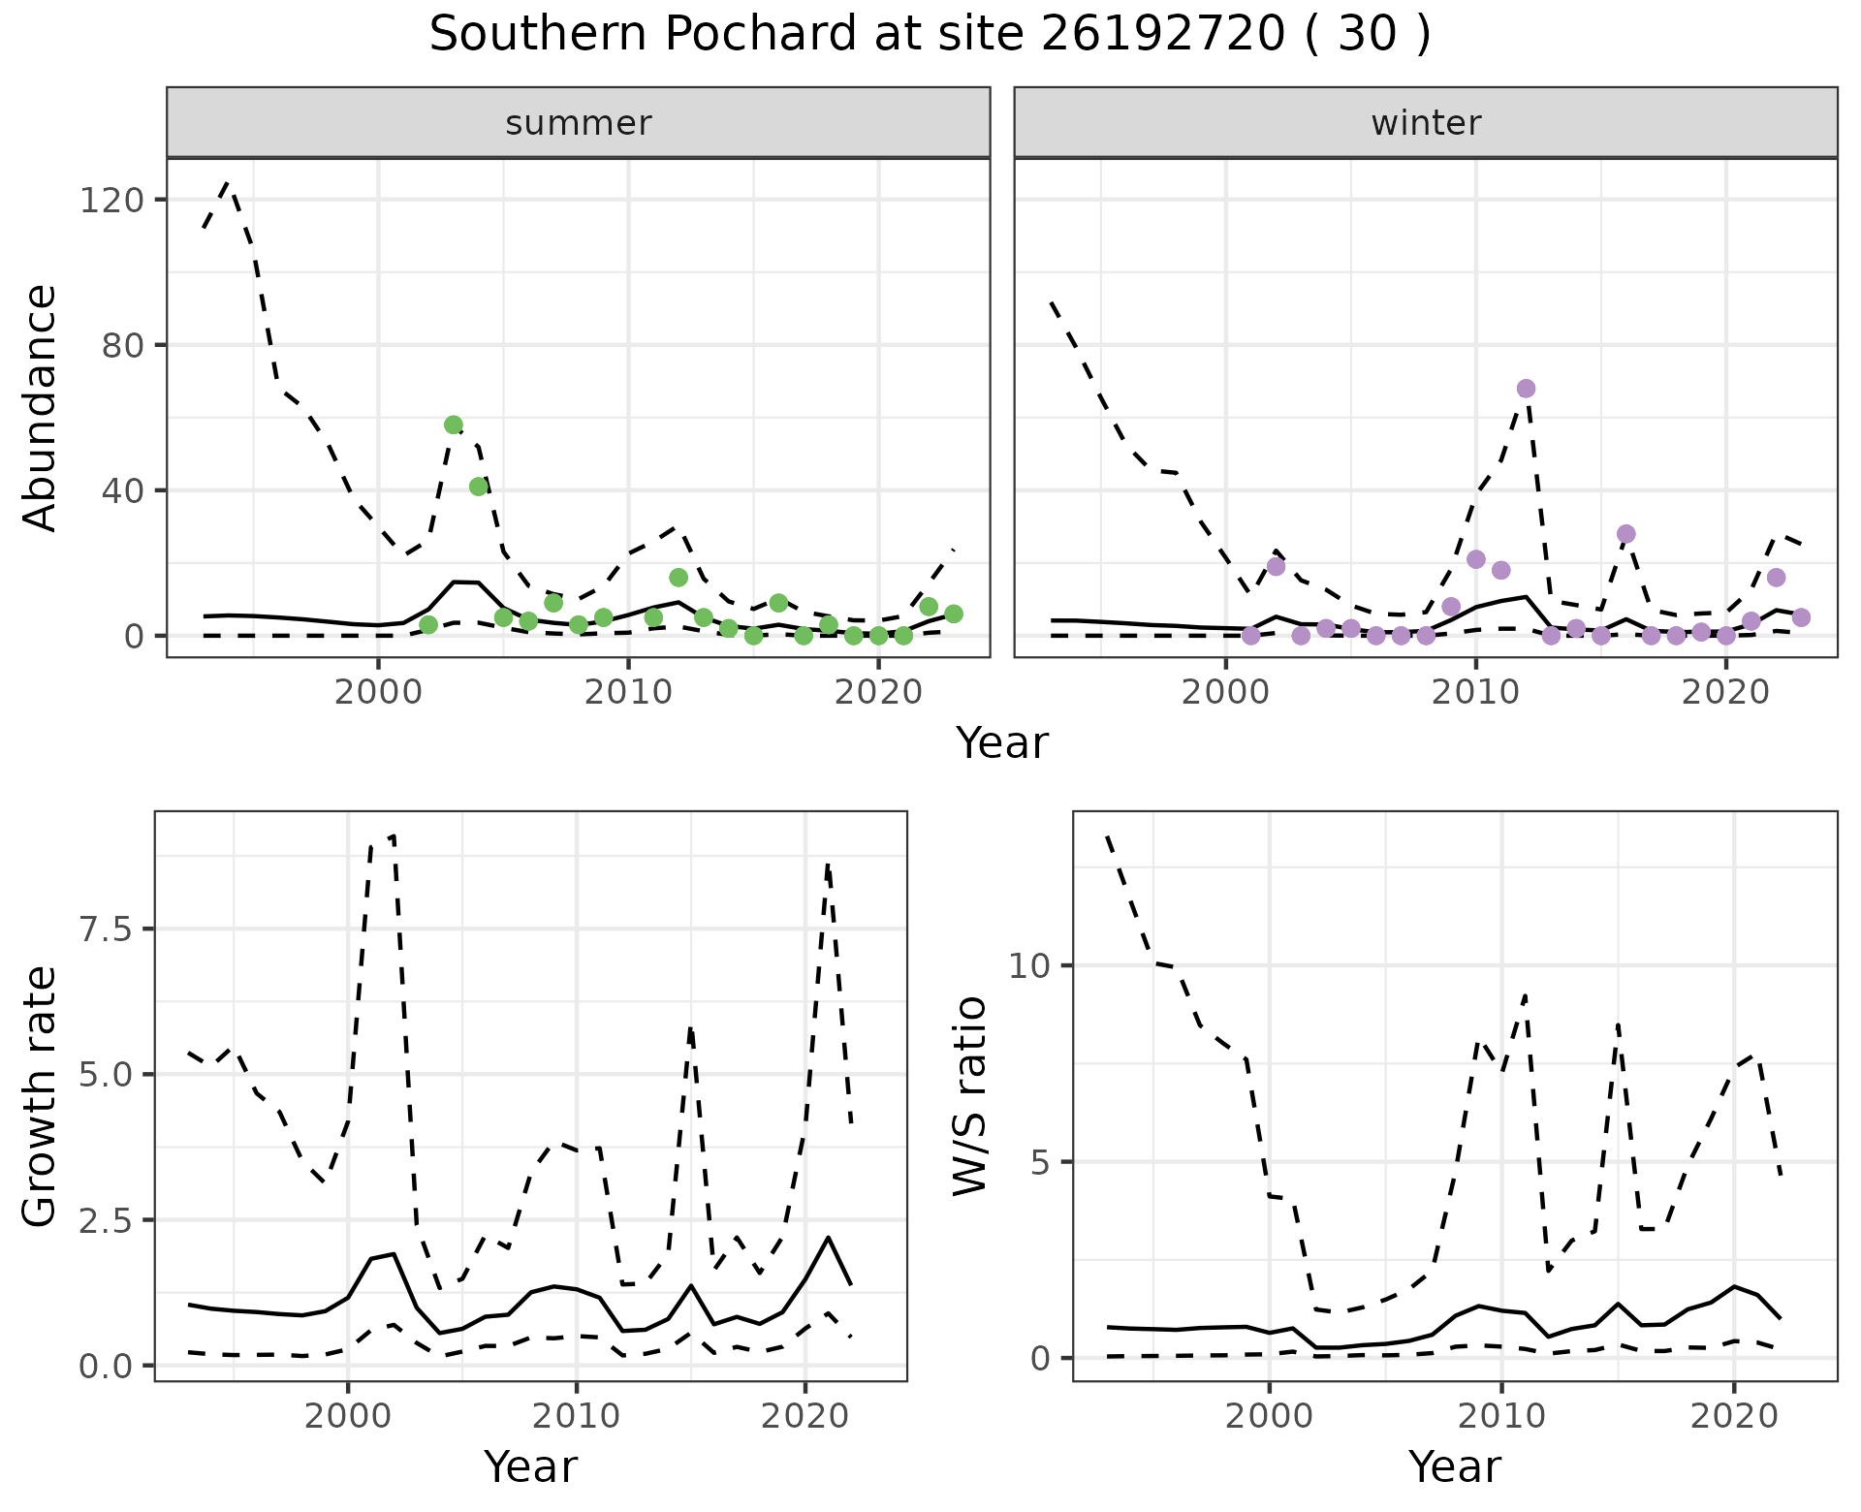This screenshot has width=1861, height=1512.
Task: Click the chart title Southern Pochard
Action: coord(930,35)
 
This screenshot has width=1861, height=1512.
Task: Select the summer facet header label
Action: coord(578,123)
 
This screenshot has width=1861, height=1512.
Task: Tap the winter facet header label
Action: coord(1425,123)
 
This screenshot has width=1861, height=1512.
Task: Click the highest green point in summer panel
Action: coord(454,425)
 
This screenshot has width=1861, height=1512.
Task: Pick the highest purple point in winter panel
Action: coord(1526,389)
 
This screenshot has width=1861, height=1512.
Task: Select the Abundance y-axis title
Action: coord(41,407)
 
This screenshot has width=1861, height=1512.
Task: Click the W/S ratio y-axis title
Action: coord(969,1095)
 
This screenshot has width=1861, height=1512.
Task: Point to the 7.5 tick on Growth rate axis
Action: coord(109,929)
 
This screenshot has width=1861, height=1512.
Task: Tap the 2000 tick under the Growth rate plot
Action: coord(347,1416)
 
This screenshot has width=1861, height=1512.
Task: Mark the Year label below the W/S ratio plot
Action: coord(1454,1466)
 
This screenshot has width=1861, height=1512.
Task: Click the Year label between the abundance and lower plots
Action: coord(1002,743)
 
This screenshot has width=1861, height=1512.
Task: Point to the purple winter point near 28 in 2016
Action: coord(1626,534)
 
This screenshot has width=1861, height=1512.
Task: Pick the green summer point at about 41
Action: coord(479,487)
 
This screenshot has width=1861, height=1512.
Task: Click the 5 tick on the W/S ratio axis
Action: coord(1041,1161)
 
